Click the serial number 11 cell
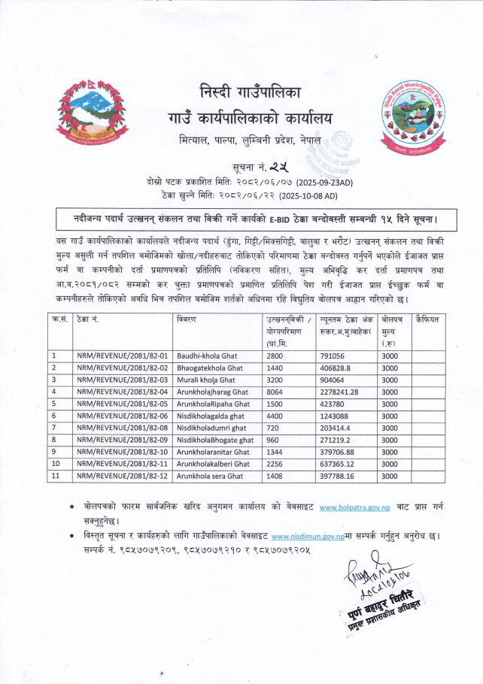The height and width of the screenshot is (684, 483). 56,476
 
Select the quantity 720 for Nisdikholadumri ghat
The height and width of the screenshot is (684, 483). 272,428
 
